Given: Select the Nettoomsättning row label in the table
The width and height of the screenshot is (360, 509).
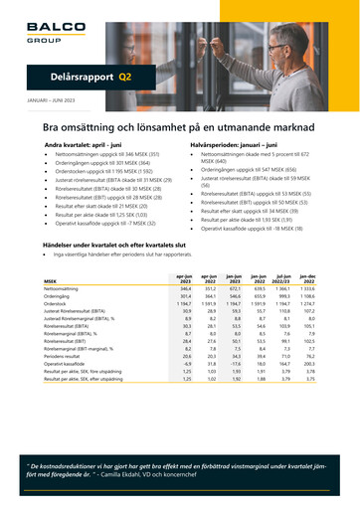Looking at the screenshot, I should click(x=63, y=288).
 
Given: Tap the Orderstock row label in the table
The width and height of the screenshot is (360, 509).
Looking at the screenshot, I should click(x=55, y=303).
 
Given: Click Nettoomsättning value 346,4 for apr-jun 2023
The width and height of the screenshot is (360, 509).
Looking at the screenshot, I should click(x=183, y=288).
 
